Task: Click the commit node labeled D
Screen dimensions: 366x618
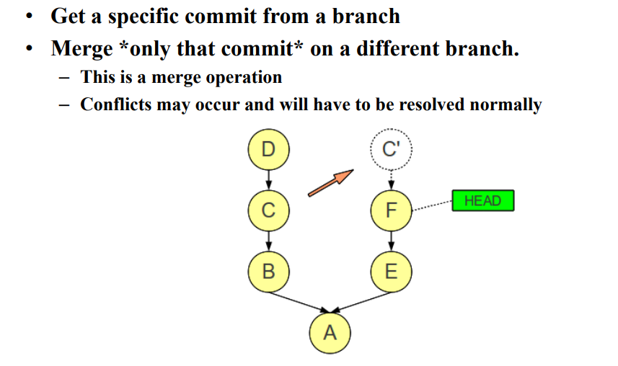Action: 268,149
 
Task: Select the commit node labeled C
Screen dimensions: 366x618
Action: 268,210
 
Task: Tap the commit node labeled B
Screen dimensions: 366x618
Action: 268,272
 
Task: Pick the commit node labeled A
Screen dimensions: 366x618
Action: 330,333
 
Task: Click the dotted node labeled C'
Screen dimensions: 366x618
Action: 390,149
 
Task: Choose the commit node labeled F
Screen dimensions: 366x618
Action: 391,210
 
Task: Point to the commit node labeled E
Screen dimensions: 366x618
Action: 391,272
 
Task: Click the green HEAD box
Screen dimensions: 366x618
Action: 483,200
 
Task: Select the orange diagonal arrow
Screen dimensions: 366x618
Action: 330,182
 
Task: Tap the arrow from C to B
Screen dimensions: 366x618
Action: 268,241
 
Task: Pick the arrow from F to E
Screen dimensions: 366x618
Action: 391,241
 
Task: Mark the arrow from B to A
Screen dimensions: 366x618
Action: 296,302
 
